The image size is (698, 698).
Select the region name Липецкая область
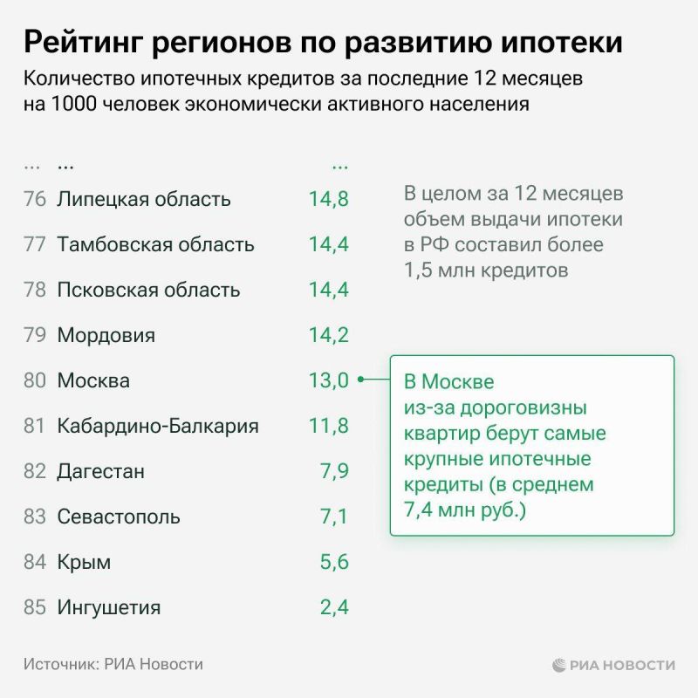(x=143, y=199)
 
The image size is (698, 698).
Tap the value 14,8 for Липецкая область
(x=328, y=199)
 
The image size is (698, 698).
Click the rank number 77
(x=35, y=244)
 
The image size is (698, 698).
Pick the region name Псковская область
(x=147, y=290)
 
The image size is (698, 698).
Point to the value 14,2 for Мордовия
(x=328, y=335)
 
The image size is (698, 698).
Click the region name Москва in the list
(x=93, y=381)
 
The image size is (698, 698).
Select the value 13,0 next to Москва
(x=328, y=380)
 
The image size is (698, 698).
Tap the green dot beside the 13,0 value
(x=360, y=380)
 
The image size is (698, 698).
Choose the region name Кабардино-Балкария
(x=158, y=427)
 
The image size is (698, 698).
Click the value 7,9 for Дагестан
(x=334, y=472)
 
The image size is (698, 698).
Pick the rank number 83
(x=35, y=517)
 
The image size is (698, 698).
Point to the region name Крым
(x=84, y=563)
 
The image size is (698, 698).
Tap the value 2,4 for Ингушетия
(x=334, y=608)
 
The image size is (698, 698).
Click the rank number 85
(x=35, y=608)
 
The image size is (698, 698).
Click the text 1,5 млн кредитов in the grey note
(x=486, y=270)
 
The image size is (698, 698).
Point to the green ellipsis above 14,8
(x=339, y=166)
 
